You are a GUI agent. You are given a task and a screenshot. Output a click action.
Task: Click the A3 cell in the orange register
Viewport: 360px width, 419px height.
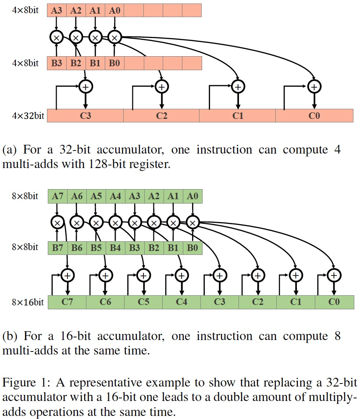pos(57,11)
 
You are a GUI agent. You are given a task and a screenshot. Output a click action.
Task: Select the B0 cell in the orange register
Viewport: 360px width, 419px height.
pos(114,63)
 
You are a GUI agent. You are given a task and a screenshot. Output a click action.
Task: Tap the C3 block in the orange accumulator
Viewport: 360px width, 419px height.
pos(85,116)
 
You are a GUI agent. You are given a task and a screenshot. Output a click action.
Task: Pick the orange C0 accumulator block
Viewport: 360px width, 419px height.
pos(314,116)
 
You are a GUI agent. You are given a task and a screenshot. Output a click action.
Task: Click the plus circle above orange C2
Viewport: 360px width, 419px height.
pos(161,87)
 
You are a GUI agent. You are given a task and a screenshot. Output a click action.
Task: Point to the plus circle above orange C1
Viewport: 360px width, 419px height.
pos(238,87)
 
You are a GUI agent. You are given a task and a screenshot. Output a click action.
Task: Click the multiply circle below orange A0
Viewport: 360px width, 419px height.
pos(114,38)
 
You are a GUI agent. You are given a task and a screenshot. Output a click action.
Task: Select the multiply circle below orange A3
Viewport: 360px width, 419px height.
pos(57,38)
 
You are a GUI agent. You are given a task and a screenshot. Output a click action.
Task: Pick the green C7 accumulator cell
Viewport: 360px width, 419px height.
pos(67,302)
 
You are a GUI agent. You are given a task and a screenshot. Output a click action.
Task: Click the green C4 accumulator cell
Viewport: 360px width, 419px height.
pos(181,302)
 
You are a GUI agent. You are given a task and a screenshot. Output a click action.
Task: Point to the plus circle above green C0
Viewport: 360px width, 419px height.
pos(334,275)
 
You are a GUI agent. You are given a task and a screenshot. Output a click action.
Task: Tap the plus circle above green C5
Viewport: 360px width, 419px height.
pos(143,275)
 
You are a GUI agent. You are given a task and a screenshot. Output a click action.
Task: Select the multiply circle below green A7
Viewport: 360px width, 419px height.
pos(57,223)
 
